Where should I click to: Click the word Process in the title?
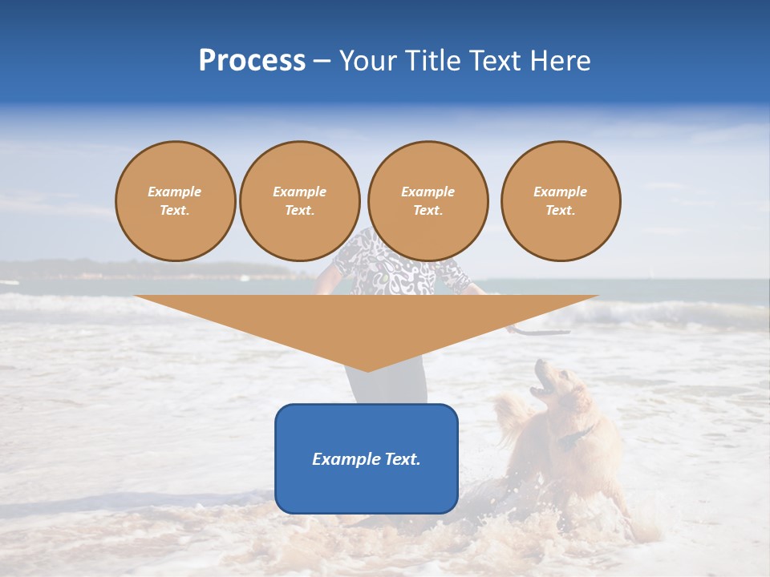pos(252,61)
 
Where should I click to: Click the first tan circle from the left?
pos(175,201)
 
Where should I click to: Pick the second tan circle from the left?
pos(299,201)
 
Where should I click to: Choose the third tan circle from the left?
pos(428,201)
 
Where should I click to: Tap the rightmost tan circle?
pos(560,201)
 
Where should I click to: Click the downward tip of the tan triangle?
pos(367,369)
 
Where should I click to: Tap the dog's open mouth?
pos(541,389)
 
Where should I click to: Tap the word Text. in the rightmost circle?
pos(560,211)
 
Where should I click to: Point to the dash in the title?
pos(322,62)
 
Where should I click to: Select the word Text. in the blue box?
pos(400,459)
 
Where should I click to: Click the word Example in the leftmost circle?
pos(175,192)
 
